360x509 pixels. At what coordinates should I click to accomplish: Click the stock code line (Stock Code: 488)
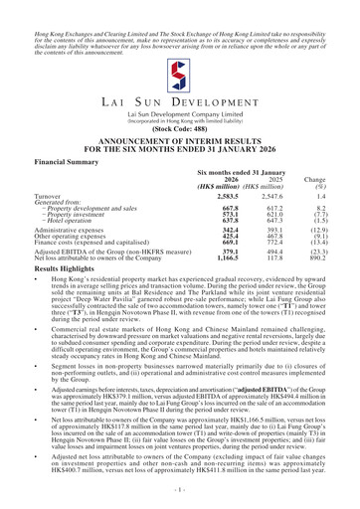tap(180, 156)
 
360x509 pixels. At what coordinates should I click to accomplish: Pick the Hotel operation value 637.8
tap(231, 259)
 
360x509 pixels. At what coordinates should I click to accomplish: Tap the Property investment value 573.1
tap(231, 252)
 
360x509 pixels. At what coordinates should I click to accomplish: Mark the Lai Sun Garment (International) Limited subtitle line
tap(180, 140)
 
